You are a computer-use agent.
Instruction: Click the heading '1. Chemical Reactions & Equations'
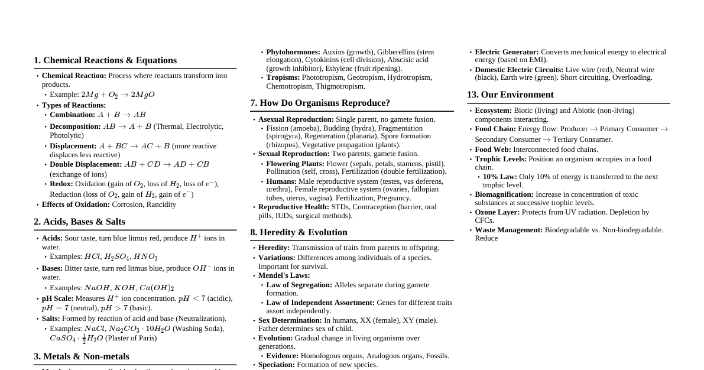point(105,60)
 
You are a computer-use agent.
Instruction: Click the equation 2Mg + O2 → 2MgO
point(118,95)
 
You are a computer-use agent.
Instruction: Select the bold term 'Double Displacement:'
point(86,164)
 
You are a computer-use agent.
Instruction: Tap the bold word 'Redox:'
point(61,184)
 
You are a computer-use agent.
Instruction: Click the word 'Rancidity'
point(158,205)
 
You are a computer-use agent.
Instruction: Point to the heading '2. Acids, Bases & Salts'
point(79,222)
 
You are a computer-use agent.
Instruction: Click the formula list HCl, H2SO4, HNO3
point(121,257)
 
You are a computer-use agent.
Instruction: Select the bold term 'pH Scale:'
point(57,298)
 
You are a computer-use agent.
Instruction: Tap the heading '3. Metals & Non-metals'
point(82,356)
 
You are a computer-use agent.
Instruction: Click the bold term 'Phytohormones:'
point(293,52)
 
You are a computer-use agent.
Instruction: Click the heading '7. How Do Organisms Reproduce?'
point(320,103)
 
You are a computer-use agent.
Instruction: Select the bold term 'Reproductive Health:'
point(294,207)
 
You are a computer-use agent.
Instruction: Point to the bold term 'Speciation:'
point(277,365)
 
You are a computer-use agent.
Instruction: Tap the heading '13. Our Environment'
point(510,95)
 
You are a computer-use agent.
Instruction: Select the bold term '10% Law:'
point(499,177)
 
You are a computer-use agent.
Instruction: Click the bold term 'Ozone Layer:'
point(497,212)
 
